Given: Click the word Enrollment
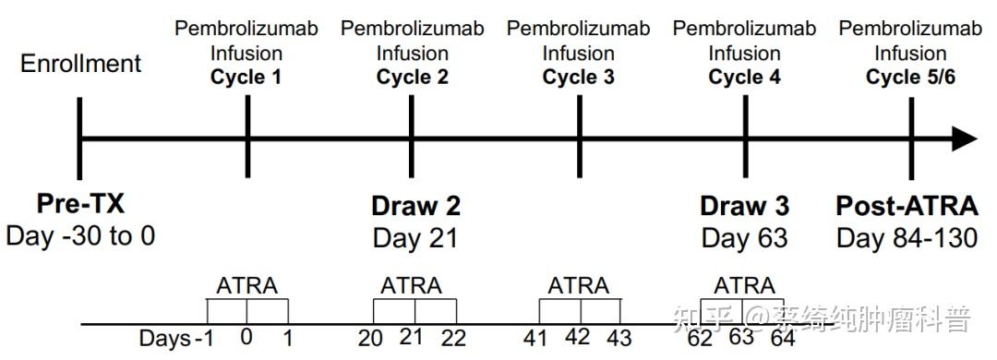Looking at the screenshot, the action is pyautogui.click(x=81, y=64).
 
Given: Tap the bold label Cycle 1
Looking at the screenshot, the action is pyautogui.click(x=246, y=77).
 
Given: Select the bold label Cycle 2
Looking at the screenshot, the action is pyautogui.click(x=412, y=77).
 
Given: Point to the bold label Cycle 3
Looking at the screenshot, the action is pyautogui.click(x=578, y=77).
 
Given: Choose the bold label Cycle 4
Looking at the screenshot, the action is pyautogui.click(x=744, y=77).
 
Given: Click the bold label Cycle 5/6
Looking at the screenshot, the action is pyautogui.click(x=910, y=77).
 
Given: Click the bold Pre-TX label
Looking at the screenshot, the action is pyautogui.click(x=80, y=205).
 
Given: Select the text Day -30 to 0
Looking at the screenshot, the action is pyautogui.click(x=80, y=236).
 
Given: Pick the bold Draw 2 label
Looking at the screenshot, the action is pyautogui.click(x=415, y=205).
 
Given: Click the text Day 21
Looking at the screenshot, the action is pyautogui.click(x=415, y=237).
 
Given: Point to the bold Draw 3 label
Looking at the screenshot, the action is pyautogui.click(x=744, y=205).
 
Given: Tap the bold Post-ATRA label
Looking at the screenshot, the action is pyautogui.click(x=907, y=205).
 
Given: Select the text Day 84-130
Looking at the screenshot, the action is pyautogui.click(x=907, y=237).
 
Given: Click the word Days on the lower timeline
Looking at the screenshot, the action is pyautogui.click(x=164, y=338).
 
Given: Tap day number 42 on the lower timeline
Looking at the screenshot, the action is pyautogui.click(x=577, y=337).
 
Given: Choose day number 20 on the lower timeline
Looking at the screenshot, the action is pyautogui.click(x=370, y=338).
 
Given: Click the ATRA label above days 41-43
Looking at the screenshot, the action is pyautogui.click(x=578, y=285).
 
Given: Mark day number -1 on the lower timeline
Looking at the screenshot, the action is pyautogui.click(x=205, y=338).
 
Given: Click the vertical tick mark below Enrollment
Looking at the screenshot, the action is pyautogui.click(x=80, y=138).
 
